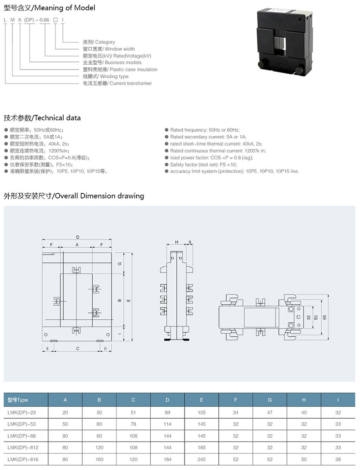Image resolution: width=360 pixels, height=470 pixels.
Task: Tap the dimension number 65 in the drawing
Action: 325,317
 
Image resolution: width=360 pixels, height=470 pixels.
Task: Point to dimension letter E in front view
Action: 129,300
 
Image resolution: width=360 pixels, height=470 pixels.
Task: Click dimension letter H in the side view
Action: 177,242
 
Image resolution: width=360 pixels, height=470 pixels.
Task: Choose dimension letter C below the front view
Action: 78,348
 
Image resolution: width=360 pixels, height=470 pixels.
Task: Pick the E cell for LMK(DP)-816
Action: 202,459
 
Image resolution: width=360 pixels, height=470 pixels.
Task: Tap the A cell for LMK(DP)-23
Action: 65,413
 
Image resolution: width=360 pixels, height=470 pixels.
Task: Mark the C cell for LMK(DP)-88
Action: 133,436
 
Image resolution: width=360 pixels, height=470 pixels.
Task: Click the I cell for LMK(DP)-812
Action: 338,448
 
